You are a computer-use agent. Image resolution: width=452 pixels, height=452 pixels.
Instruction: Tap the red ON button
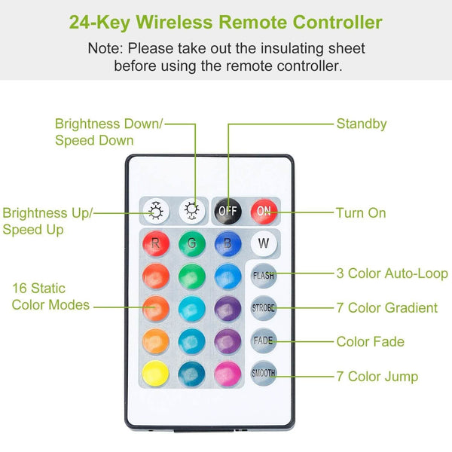pos(264,211)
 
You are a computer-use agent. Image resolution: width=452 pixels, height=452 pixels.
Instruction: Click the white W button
pos(264,243)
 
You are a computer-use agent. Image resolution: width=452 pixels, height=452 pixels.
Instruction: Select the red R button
pos(156,243)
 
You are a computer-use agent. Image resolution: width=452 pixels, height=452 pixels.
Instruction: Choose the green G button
pos(191,243)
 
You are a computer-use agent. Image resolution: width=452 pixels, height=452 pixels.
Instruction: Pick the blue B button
pos(228,243)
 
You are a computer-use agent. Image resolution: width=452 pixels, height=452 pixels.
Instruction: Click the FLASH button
pos(264,276)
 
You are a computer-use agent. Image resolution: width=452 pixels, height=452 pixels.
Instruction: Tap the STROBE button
pos(264,308)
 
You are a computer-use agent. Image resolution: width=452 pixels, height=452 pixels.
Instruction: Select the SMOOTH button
pos(264,373)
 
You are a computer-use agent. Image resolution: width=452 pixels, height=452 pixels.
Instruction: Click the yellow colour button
pos(156,374)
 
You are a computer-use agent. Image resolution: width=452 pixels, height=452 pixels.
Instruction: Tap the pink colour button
pos(228,374)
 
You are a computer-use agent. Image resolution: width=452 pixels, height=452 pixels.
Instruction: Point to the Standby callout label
pos(362,124)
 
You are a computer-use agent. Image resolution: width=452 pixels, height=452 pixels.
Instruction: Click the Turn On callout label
pos(361,213)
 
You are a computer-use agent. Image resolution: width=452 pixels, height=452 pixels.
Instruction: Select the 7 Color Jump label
pos(377,377)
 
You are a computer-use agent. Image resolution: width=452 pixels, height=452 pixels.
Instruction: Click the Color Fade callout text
pos(371,341)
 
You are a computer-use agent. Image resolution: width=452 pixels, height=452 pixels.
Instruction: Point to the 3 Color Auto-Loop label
pos(392,273)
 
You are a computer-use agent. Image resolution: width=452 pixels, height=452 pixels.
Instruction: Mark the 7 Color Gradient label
pos(387,307)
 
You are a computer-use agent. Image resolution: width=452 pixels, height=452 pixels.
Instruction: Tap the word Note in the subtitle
pos(105,48)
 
